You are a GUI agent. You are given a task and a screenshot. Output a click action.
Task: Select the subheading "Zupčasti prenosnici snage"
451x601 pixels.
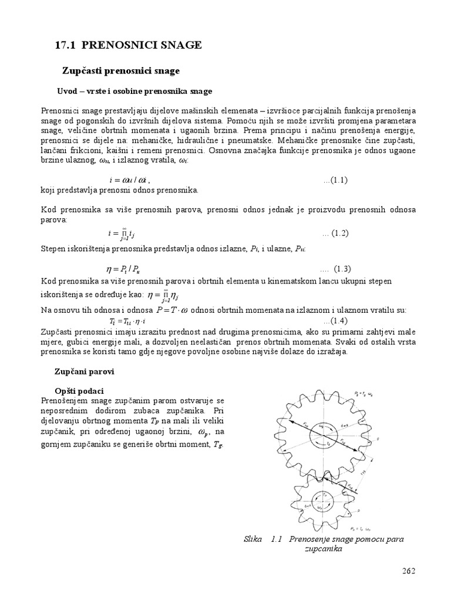coord(120,71)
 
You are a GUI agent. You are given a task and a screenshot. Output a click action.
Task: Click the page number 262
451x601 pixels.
coord(408,571)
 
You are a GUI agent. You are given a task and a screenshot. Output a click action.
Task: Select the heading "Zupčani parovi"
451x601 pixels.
coord(83,372)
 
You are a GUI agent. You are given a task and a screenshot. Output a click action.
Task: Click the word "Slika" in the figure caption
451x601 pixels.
coord(253,539)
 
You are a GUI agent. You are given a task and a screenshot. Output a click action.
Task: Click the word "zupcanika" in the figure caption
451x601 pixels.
coord(323,549)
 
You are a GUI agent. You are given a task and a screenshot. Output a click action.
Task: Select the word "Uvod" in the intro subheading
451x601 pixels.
coord(65,92)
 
